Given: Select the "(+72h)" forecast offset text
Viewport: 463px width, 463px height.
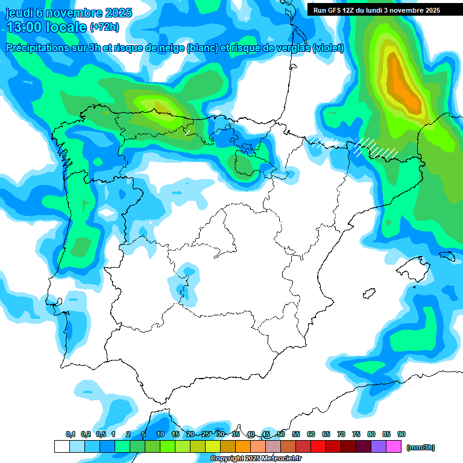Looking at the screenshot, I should pos(105,27).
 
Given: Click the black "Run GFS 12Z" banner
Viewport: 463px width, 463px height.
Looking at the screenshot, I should pos(377,10).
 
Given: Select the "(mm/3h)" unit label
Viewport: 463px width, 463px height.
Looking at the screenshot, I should pos(421,447).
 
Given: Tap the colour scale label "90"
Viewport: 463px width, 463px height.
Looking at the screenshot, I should pos(402,434).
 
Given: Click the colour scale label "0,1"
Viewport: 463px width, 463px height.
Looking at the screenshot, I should pos(71,434).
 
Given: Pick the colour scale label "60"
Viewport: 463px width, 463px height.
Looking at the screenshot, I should pos(311,434).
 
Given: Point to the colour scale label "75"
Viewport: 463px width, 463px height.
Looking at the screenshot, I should pos(356,434).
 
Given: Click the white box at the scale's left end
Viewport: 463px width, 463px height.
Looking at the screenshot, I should pos(61,446).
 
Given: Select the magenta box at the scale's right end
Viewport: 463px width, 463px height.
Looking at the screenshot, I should pos(394,446).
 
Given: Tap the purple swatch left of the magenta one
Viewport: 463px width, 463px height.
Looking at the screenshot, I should pos(379,446).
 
